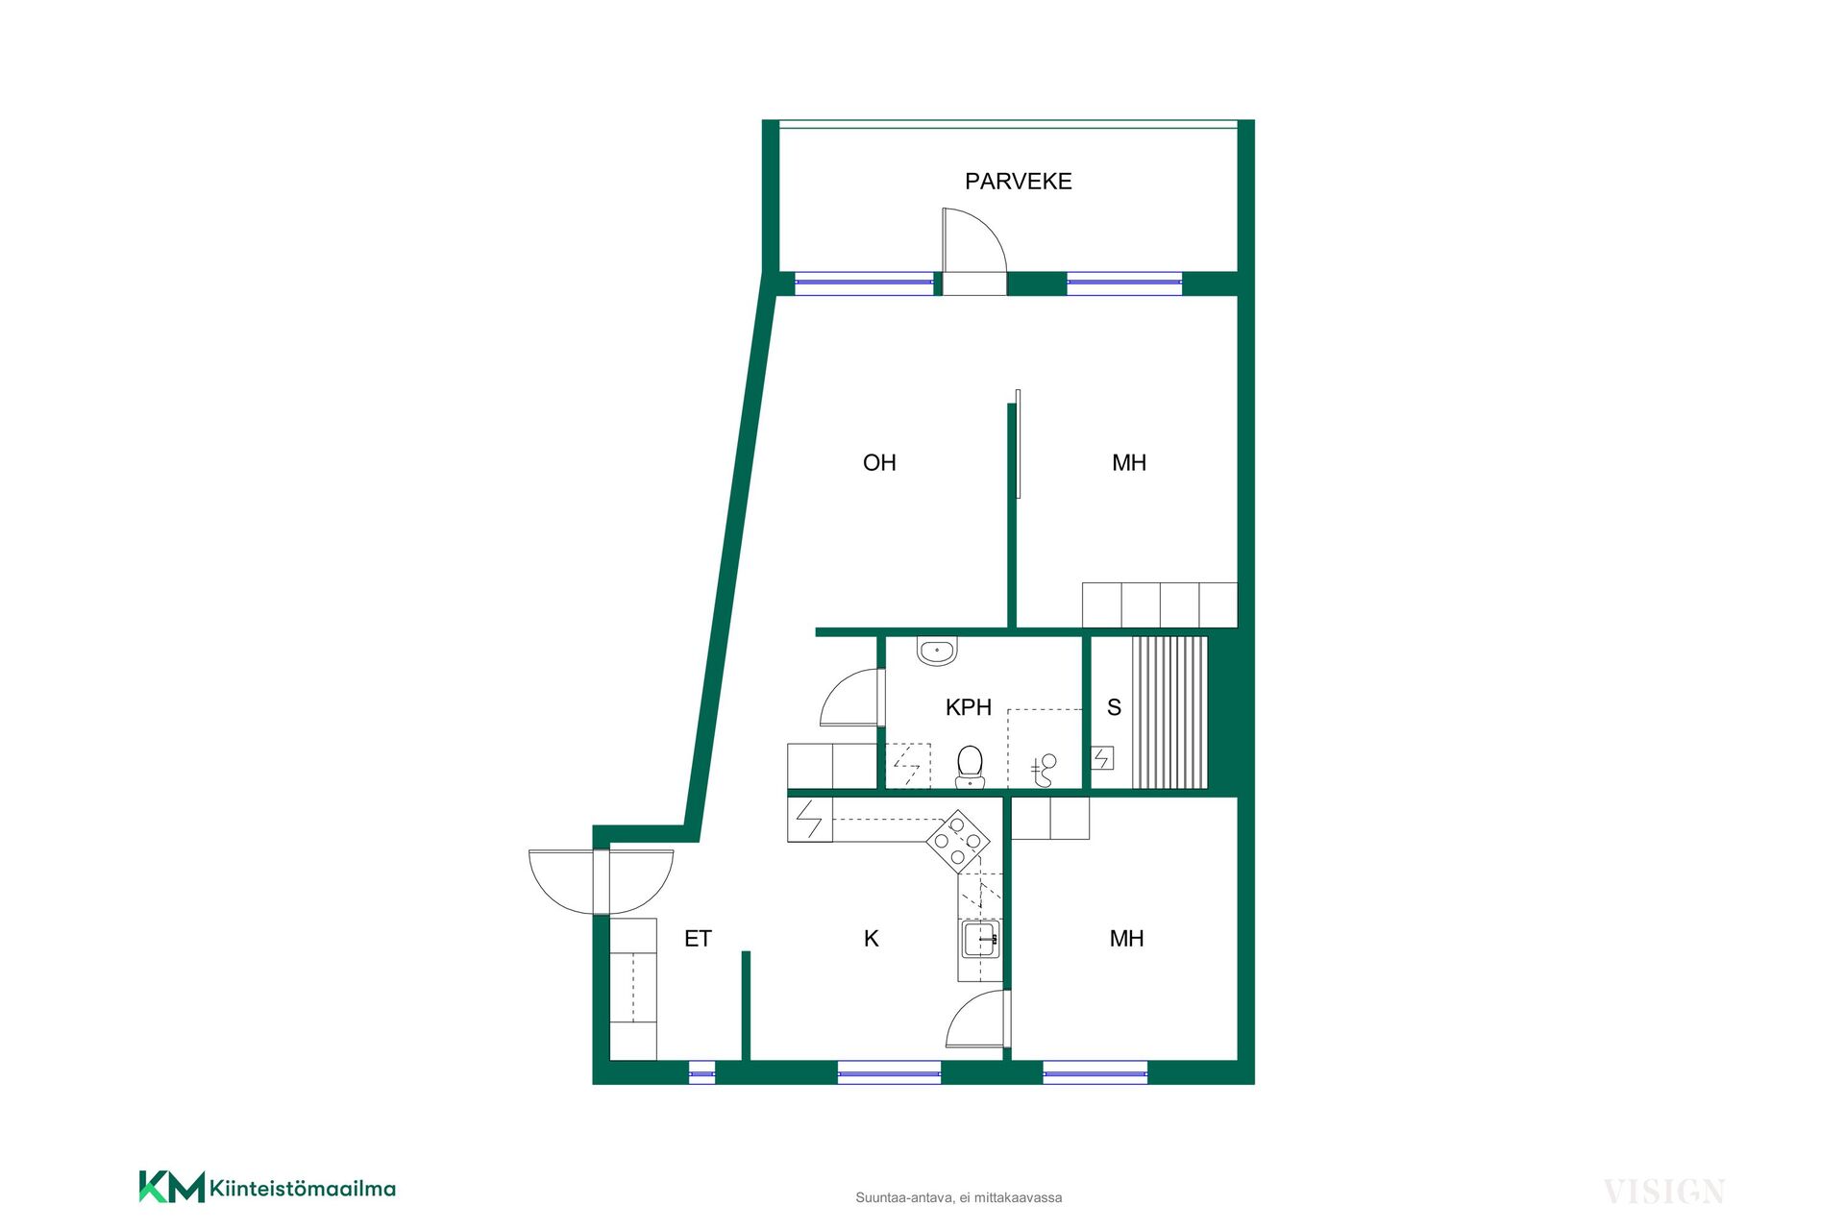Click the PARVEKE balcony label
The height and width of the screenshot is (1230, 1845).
1018,181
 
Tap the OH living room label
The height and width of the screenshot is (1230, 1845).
879,462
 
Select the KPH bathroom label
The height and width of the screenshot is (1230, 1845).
968,707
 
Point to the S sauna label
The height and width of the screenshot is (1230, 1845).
1114,707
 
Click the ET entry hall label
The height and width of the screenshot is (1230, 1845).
698,938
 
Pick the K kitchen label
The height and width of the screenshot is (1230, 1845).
872,938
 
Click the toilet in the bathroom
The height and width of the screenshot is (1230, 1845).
971,767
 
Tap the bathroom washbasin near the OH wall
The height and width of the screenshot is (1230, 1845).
937,651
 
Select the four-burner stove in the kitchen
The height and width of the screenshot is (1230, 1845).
958,842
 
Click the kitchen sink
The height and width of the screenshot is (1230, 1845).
980,939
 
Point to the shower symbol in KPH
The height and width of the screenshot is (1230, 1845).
1044,770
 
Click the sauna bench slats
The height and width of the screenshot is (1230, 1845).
1168,712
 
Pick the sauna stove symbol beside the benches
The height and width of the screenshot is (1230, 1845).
1102,758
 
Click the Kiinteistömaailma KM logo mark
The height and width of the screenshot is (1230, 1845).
172,1187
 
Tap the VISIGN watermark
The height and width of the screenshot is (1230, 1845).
1664,1192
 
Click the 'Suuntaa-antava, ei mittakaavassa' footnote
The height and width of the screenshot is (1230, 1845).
959,1197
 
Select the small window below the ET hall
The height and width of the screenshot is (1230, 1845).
702,1072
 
